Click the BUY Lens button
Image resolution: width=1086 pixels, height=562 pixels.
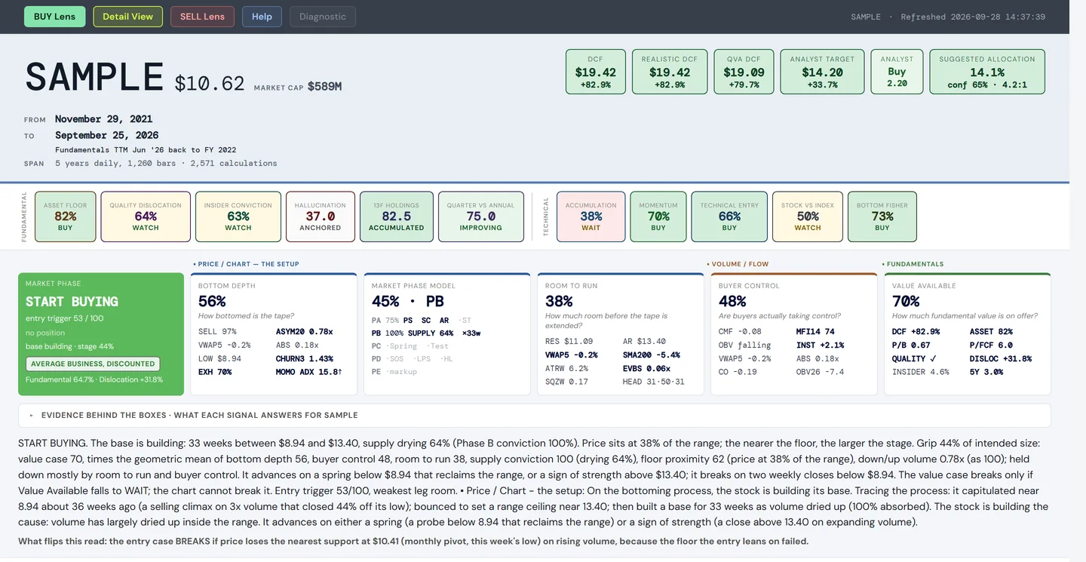(55, 17)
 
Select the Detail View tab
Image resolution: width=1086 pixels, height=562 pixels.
(127, 17)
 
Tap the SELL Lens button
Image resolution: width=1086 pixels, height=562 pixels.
(202, 17)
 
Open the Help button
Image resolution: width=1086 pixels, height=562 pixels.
(262, 17)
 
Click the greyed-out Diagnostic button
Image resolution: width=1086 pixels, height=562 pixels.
(323, 17)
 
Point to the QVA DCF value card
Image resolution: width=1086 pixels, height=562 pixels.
(744, 72)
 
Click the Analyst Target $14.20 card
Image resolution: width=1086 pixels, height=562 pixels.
(822, 72)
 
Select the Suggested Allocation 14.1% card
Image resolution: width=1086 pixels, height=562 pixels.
(987, 72)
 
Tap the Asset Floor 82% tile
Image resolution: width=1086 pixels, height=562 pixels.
(66, 217)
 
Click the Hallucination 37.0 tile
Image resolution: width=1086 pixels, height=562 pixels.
(321, 217)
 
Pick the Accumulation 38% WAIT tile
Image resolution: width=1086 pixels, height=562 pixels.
(591, 217)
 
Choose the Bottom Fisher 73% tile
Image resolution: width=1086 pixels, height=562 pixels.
(882, 217)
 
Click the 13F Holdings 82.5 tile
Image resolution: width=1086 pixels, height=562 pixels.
(397, 217)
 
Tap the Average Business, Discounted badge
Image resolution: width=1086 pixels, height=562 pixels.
(93, 364)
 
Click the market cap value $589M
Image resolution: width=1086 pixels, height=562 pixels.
(325, 86)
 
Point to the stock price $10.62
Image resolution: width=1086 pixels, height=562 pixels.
(210, 84)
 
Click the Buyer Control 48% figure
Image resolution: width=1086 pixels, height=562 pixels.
(732, 301)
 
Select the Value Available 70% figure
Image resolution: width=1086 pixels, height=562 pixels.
(906, 301)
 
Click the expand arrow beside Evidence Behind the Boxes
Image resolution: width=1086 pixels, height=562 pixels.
(31, 415)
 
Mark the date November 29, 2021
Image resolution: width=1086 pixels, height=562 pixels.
(104, 118)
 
